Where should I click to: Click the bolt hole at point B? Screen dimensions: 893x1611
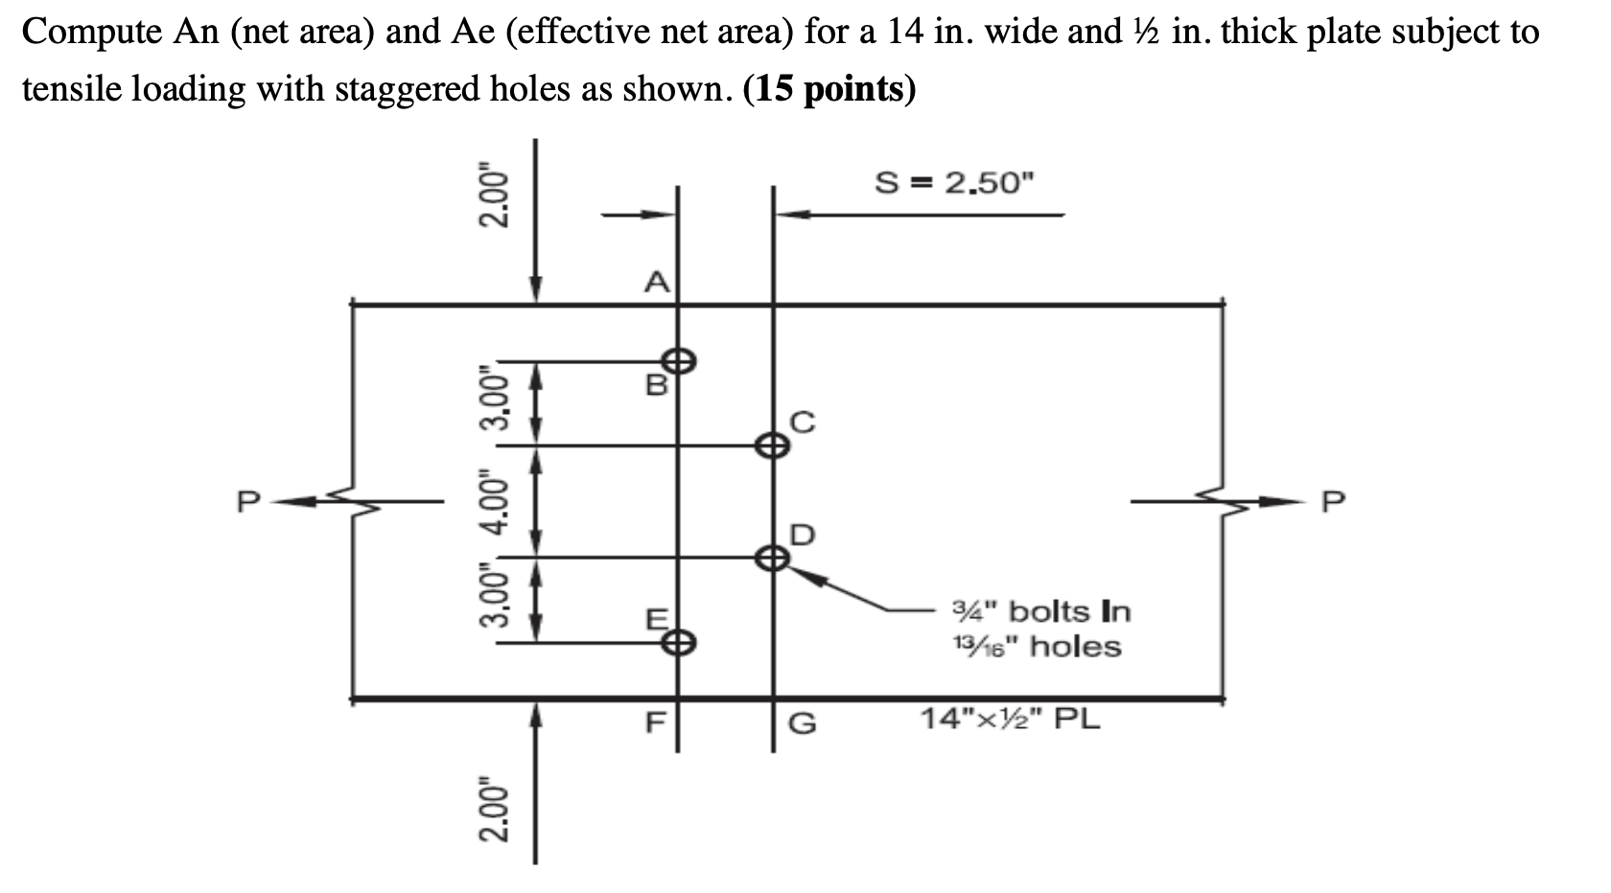(680, 361)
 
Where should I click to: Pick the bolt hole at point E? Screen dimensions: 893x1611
(679, 642)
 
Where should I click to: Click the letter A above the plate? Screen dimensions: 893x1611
(656, 283)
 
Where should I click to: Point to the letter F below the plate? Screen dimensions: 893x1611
(656, 722)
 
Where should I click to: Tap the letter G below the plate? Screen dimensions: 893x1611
(803, 722)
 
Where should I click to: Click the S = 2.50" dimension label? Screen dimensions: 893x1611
(956, 182)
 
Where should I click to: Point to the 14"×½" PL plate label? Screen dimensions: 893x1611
(1011, 718)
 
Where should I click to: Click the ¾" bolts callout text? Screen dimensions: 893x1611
(1041, 610)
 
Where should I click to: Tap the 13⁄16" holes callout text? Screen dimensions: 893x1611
(1036, 647)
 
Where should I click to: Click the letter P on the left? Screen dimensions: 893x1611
(249, 501)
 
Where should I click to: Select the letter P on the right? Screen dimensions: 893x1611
(1334, 501)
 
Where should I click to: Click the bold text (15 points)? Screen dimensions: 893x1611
(829, 88)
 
